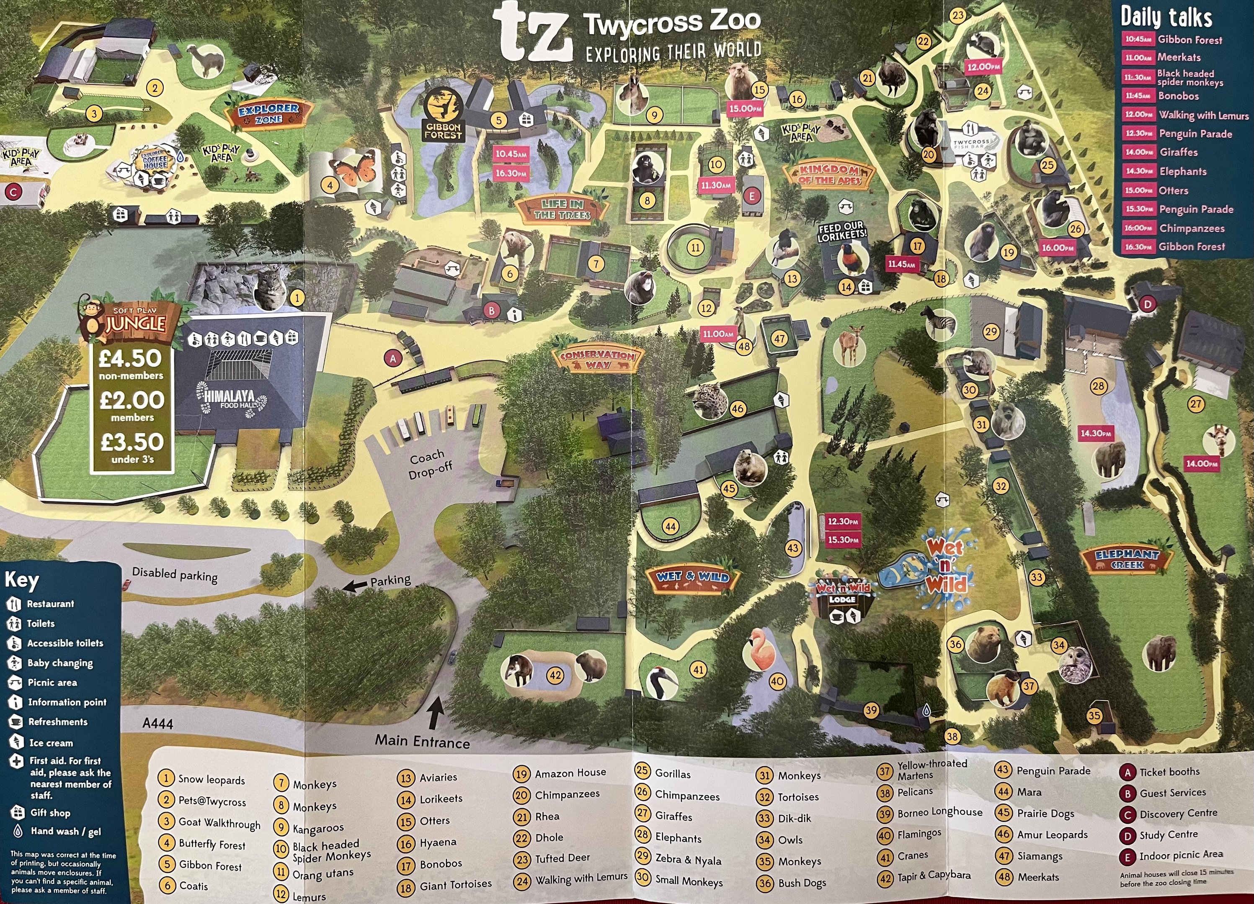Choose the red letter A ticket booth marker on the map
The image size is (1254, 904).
pos(393,359)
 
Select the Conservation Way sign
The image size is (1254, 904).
pos(597,359)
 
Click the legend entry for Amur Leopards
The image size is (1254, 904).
pos(1052,835)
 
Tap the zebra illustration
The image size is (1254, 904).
pos(940,322)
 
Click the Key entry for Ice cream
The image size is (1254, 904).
pos(50,742)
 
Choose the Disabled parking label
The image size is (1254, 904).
pos(175,575)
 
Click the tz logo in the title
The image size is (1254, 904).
pos(532,32)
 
